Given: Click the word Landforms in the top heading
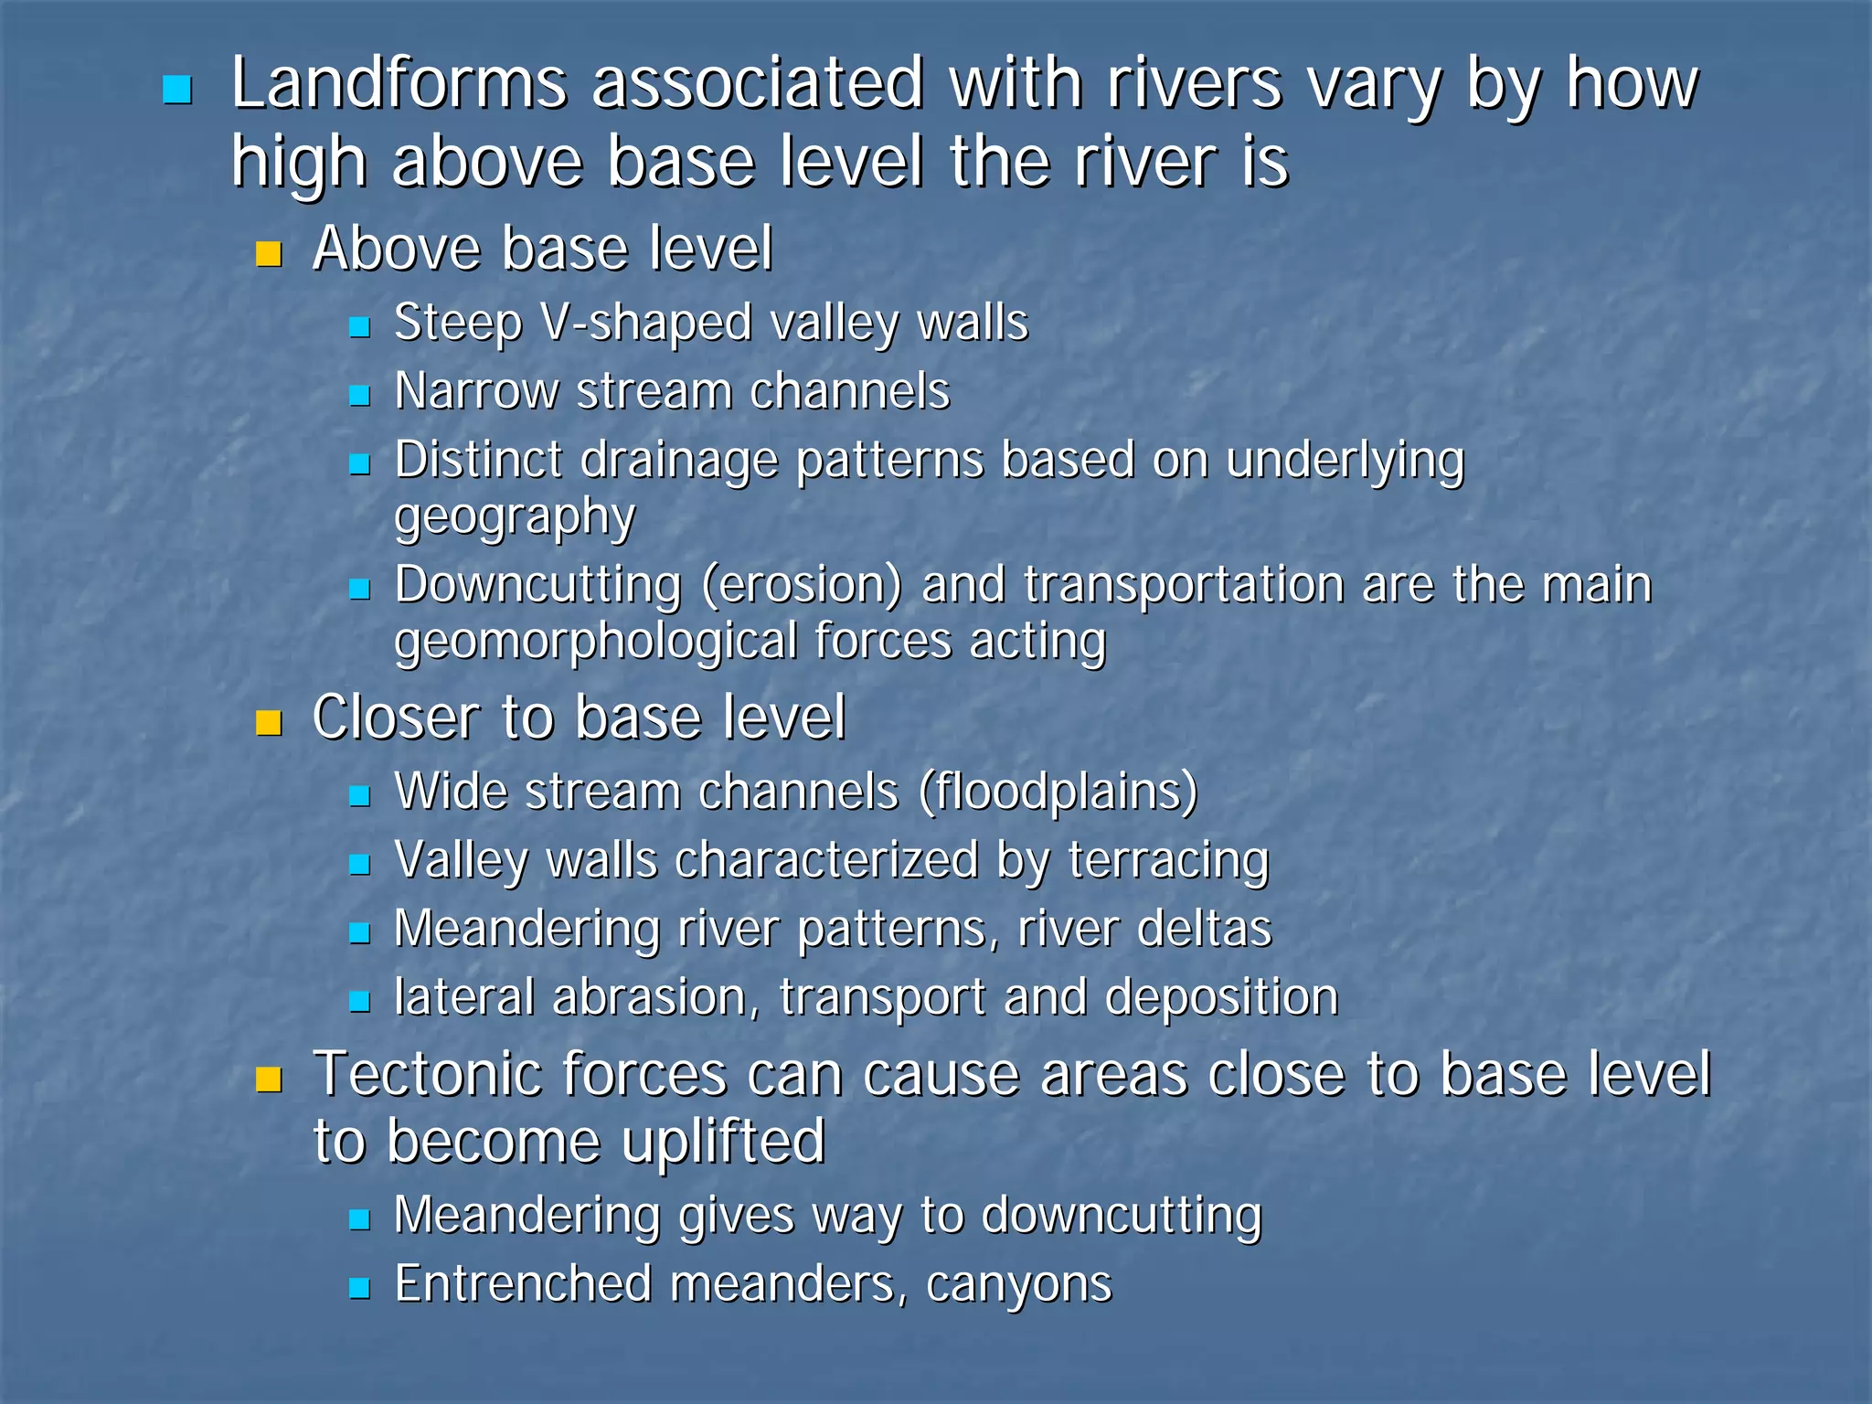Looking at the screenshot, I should pyautogui.click(x=399, y=84).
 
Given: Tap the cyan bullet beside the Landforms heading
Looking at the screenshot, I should pyautogui.click(x=176, y=90).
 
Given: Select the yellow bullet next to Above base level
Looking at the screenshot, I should pyautogui.click(x=269, y=253).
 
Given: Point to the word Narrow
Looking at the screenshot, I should pyautogui.click(x=476, y=391).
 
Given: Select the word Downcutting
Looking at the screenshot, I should pyautogui.click(x=538, y=585).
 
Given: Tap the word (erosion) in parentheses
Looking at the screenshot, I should pyautogui.click(x=802, y=585).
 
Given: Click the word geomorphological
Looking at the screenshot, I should pyautogui.click(x=595, y=642).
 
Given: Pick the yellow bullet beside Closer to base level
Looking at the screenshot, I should pyautogui.click(x=269, y=723).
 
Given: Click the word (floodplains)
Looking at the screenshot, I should pyautogui.click(x=1058, y=792).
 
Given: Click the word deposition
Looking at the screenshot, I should pyautogui.click(x=1221, y=996).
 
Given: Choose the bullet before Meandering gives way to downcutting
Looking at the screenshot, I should pyautogui.click(x=360, y=1219).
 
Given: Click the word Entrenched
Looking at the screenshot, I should pyautogui.click(x=522, y=1283).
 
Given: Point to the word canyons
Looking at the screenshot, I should pyautogui.click(x=1018, y=1285).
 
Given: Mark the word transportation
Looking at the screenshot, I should pyautogui.click(x=1183, y=585).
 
